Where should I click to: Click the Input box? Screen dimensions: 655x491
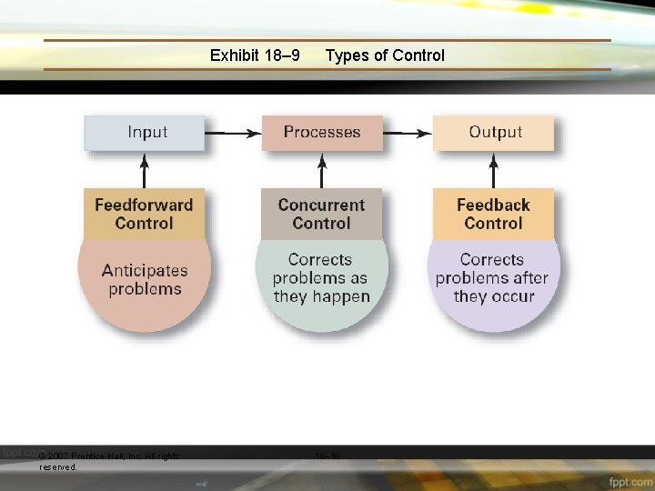click(x=146, y=133)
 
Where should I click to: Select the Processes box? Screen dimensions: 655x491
click(x=321, y=133)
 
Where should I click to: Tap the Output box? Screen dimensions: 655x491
click(x=494, y=133)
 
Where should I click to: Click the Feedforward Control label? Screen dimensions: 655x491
click(x=144, y=214)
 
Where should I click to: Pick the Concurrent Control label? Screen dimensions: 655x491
click(x=321, y=214)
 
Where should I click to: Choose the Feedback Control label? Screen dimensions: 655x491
click(x=493, y=214)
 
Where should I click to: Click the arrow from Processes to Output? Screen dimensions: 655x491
click(x=406, y=133)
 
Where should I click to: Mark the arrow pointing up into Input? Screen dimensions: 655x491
click(x=145, y=170)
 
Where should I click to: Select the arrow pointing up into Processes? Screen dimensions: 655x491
click(x=321, y=170)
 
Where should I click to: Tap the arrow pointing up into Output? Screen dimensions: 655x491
click(x=494, y=170)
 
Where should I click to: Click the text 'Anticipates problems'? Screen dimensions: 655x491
click(x=145, y=280)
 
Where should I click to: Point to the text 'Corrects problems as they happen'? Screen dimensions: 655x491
click(x=321, y=278)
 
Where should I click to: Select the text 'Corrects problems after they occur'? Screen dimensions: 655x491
click(x=492, y=278)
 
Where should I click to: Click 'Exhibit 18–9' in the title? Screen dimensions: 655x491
click(x=255, y=55)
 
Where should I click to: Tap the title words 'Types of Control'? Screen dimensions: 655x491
click(x=385, y=55)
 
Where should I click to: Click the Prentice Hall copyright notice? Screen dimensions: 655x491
click(x=109, y=461)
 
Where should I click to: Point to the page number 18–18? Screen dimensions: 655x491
click(x=327, y=456)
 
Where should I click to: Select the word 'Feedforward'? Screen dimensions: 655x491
click(x=144, y=205)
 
